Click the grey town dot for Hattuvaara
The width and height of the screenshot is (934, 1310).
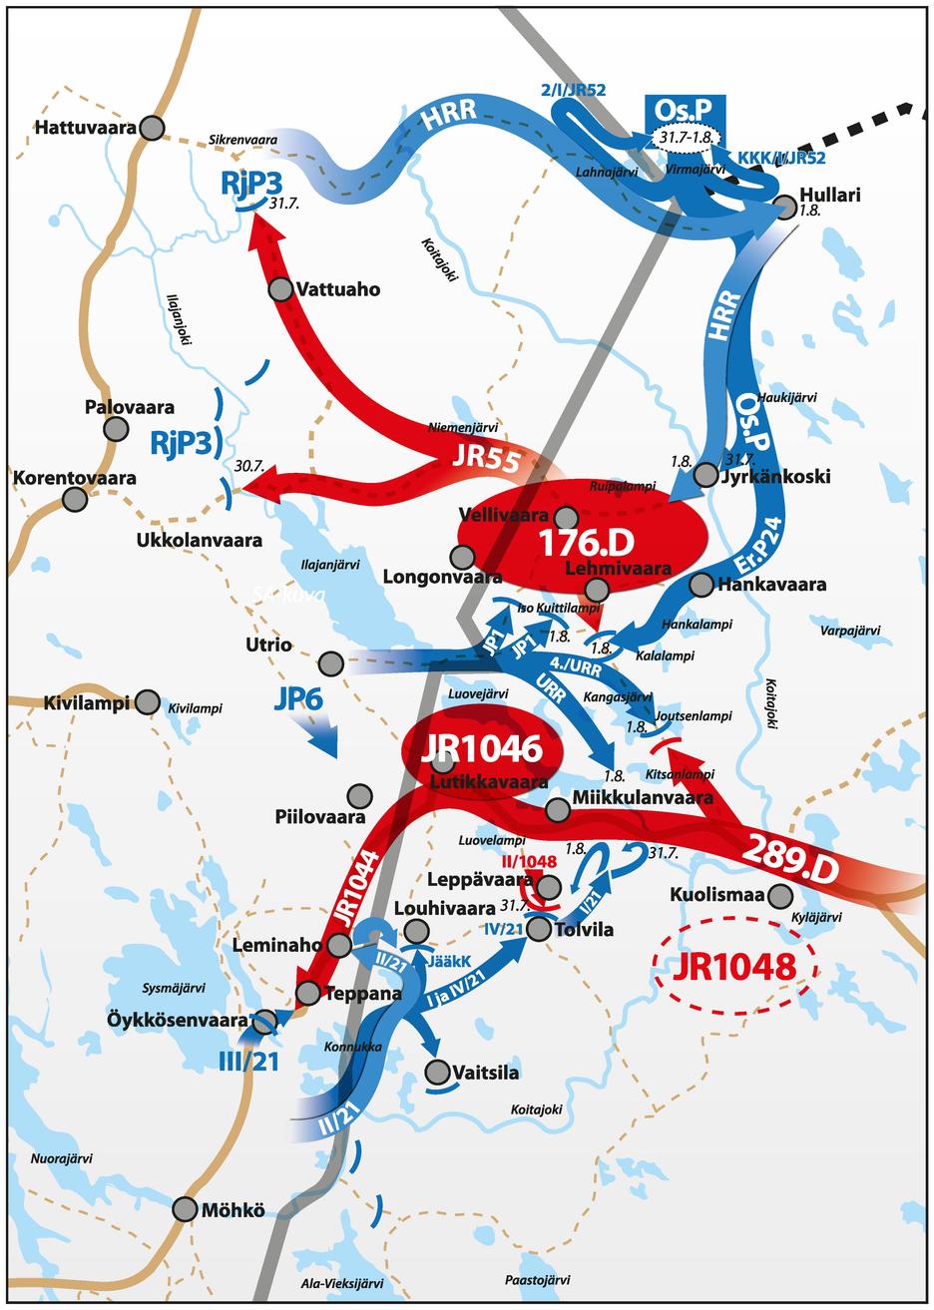[x=152, y=127]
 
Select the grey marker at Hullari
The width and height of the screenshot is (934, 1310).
[x=785, y=207]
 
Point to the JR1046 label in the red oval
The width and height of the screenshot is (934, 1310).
[x=481, y=748]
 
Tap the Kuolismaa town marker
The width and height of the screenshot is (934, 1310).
[x=780, y=895]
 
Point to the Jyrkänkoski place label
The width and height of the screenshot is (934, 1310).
[x=774, y=476]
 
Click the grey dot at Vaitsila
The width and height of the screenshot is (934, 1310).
[x=437, y=1073]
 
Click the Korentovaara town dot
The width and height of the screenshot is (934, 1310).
[x=71, y=500]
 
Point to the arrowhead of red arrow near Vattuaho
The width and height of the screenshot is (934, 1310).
[x=258, y=224]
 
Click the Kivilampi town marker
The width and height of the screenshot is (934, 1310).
[x=148, y=702]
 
